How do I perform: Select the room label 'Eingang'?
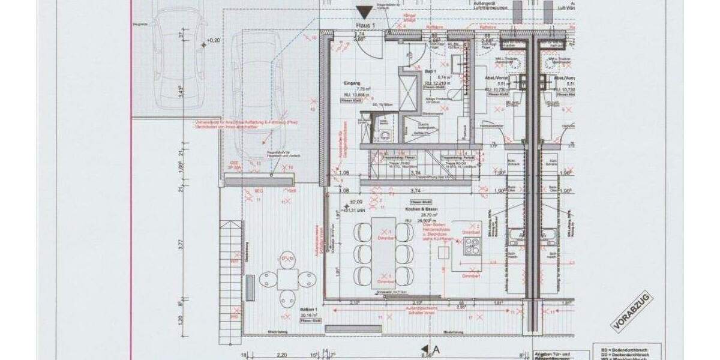pyautogui.click(x=353, y=83)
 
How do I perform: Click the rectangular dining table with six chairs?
pyautogui.click(x=383, y=250)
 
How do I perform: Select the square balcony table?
pyautogui.click(x=288, y=278)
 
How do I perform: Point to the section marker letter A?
pyautogui.click(x=436, y=349)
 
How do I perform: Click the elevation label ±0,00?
pyautogui.click(x=358, y=202)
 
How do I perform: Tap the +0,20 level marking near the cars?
pyautogui.click(x=213, y=41)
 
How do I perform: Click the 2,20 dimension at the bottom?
pyautogui.click(x=282, y=355)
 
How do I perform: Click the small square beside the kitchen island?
pyautogui.click(x=443, y=253)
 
